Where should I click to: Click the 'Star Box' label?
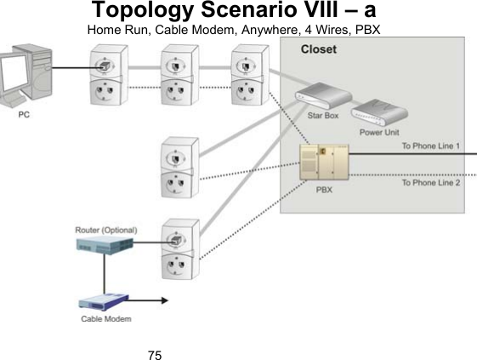click(x=321, y=116)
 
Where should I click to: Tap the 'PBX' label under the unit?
click(x=324, y=191)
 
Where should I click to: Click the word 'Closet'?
click(x=320, y=49)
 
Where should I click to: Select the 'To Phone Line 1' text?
click(x=431, y=146)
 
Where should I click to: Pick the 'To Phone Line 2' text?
click(x=431, y=182)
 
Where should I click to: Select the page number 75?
click(x=155, y=352)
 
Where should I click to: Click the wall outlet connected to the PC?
click(x=103, y=78)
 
